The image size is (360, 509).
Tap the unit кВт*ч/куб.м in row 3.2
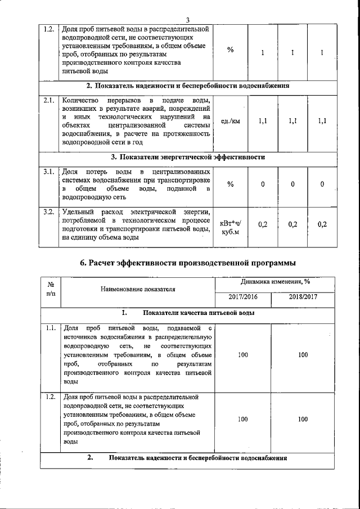[231, 228]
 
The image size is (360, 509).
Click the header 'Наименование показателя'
[138, 290]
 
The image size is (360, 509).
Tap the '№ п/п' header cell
[50, 289]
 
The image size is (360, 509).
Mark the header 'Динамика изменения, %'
[272, 282]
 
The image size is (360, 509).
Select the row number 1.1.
[50, 327]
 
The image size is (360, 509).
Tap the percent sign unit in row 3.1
[231, 184]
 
